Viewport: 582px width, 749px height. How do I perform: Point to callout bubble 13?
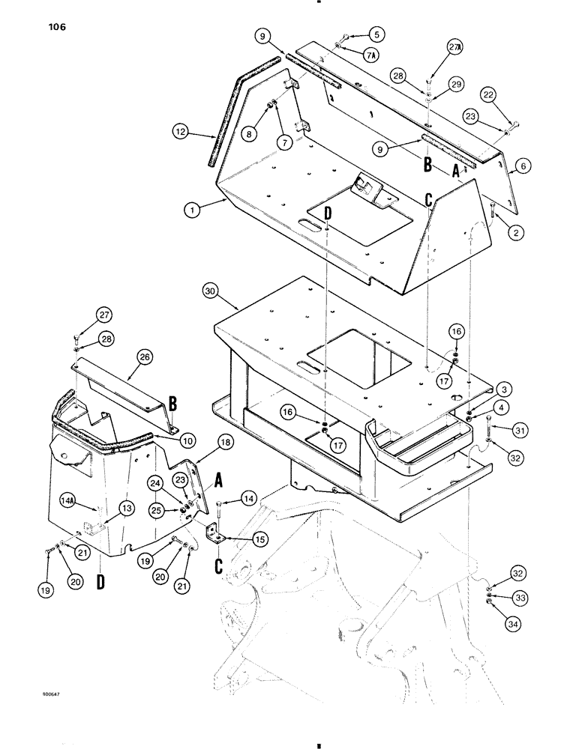[x=105, y=509]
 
